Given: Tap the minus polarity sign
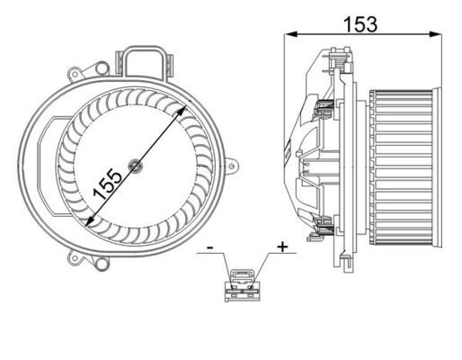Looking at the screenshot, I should pos(209,245).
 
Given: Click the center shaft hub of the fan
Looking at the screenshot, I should pos(135,165).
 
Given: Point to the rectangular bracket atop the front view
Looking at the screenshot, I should pos(147,62).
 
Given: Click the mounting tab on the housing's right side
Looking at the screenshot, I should pos(233,166).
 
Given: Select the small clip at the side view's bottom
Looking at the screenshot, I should pos(314,238).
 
